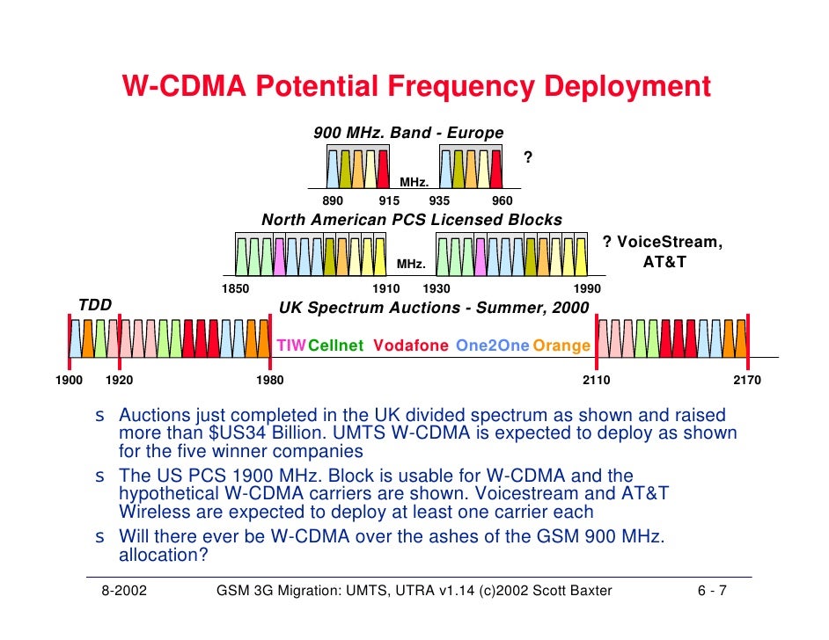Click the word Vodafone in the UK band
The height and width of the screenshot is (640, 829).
point(411,345)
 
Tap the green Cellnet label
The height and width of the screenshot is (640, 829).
point(335,345)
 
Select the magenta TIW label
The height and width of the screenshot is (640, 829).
point(291,345)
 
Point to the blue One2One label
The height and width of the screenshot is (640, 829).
point(492,345)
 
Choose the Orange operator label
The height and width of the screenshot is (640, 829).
point(561,345)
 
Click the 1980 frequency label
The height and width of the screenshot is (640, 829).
point(269,380)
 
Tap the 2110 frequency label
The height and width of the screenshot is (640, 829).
point(597,380)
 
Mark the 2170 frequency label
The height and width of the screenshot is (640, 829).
point(747,380)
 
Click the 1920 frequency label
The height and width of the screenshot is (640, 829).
point(119,380)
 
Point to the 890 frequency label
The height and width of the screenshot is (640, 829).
point(333,200)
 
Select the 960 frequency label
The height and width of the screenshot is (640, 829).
point(503,200)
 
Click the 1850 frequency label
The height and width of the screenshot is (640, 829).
point(235,289)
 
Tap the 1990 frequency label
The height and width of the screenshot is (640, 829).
point(587,289)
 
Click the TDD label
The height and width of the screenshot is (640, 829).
point(95,305)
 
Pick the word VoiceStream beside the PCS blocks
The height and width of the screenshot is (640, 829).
point(670,243)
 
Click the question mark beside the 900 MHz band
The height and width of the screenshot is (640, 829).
point(528,156)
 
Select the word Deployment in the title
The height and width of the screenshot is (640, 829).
point(627,86)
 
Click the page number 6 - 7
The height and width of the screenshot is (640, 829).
point(712,591)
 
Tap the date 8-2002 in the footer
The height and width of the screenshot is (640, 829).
point(124,591)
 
